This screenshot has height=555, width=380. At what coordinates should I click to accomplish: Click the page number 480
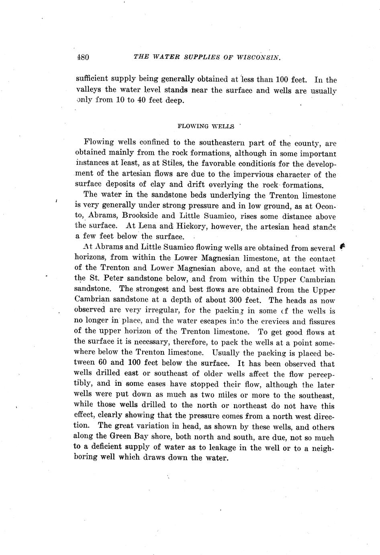[82, 57]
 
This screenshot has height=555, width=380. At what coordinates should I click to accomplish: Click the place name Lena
[147, 226]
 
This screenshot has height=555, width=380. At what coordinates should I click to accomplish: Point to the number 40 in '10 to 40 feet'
[141, 101]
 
